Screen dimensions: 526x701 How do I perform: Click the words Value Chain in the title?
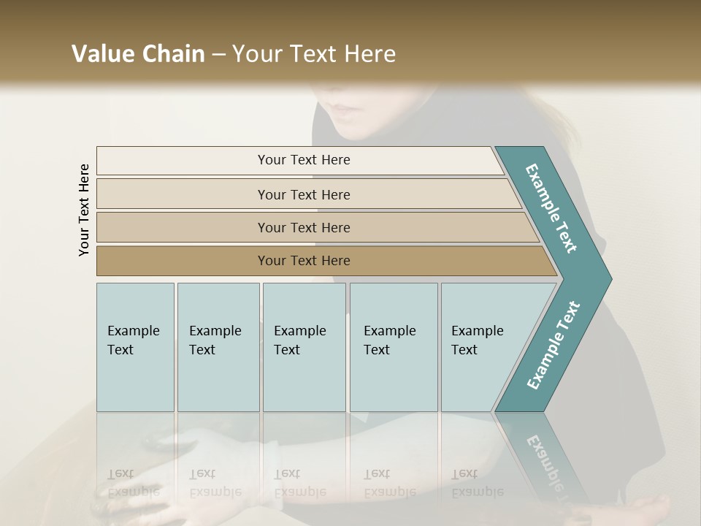(138, 54)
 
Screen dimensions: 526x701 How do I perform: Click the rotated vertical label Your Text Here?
(84, 210)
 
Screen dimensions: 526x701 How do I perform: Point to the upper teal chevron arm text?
(551, 208)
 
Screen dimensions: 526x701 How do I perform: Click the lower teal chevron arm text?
(553, 346)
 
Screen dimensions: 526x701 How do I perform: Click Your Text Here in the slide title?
(314, 54)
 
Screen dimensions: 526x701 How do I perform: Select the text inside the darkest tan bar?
(304, 261)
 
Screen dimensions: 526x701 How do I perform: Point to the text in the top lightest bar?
(304, 160)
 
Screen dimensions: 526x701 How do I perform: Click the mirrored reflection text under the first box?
(133, 483)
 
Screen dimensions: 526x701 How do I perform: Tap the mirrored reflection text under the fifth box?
(477, 483)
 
